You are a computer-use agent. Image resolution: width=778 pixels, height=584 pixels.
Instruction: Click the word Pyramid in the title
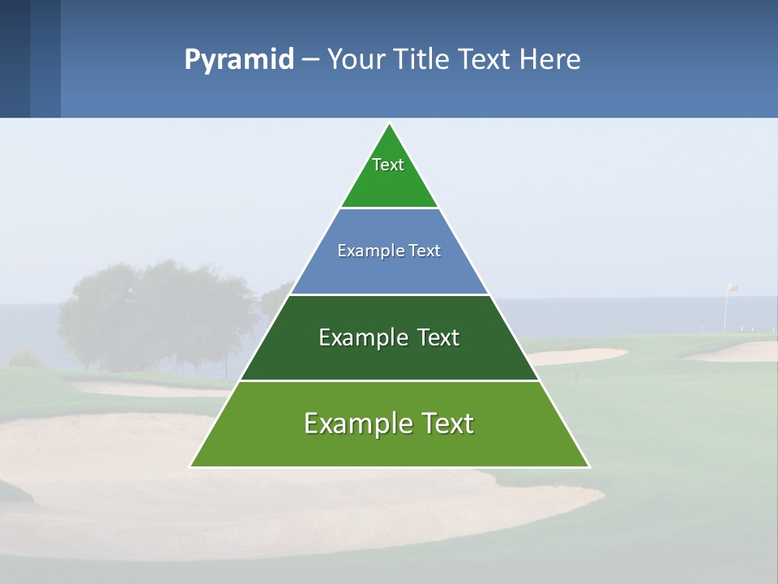click(239, 60)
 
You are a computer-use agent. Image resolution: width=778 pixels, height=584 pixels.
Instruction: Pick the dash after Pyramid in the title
click(310, 60)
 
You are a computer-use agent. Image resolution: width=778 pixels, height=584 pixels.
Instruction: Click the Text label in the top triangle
click(388, 165)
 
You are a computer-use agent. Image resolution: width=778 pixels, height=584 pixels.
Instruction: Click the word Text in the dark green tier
click(438, 337)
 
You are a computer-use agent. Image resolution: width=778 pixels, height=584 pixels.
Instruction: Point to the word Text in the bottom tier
click(447, 423)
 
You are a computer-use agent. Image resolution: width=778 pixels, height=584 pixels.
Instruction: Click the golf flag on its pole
click(732, 287)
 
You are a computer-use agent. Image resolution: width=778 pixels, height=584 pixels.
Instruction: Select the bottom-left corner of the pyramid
click(190, 466)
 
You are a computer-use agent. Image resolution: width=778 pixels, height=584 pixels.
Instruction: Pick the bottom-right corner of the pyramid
click(589, 466)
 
